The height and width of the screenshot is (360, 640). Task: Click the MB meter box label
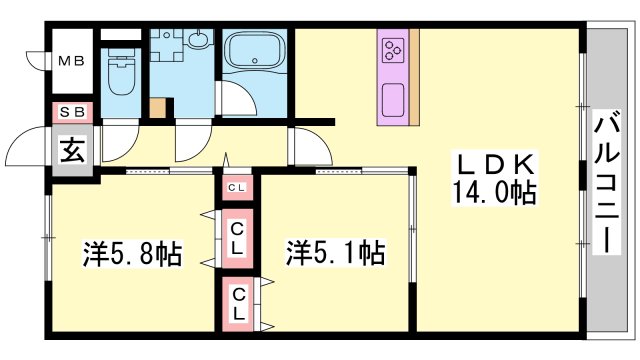(71, 61)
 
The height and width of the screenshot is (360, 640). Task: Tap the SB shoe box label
(72, 111)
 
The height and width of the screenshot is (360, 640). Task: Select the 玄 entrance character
(73, 149)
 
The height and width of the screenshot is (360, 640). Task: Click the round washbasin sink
(200, 40)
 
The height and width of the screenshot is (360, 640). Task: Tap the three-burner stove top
(394, 51)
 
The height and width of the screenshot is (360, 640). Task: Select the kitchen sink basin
(393, 100)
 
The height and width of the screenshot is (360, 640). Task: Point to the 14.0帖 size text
(494, 193)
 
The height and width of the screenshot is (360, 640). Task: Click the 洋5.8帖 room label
(133, 254)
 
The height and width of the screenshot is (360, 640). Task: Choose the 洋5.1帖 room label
(335, 253)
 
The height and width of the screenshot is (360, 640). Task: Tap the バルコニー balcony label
(607, 182)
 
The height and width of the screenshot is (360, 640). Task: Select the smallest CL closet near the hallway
(237, 188)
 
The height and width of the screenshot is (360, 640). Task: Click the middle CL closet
(237, 238)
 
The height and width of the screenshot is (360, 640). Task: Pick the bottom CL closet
(238, 304)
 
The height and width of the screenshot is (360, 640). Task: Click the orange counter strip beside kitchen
(414, 77)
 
